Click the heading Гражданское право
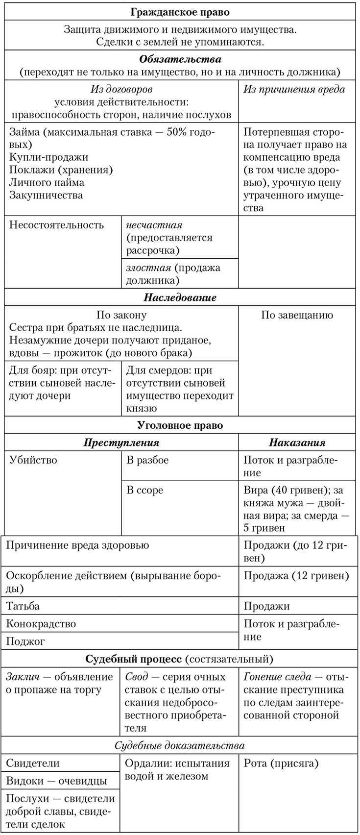point(180,12)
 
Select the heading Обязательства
point(180,59)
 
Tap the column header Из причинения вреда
point(294,89)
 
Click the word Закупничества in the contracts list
point(46,195)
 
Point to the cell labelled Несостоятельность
point(57,225)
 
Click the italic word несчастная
point(154,225)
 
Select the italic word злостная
point(148,268)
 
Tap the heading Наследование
point(180,297)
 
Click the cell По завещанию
point(297,315)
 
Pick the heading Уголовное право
point(180,425)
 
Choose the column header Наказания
point(297,442)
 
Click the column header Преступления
point(121,442)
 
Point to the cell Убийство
point(33,460)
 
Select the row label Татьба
point(23,606)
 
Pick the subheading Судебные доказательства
point(179,745)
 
